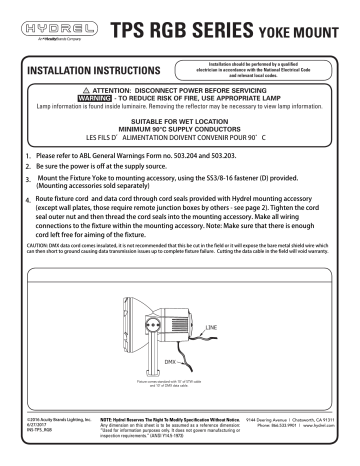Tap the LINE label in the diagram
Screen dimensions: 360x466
click(x=213, y=327)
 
